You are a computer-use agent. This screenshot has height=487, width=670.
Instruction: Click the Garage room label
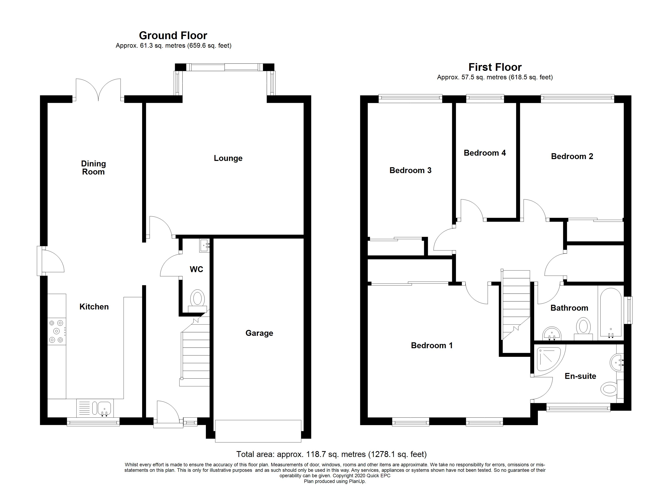[x=259, y=333]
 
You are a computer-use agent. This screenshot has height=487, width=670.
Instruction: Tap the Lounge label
[x=228, y=158]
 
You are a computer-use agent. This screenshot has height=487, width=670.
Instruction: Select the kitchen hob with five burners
[x=57, y=331]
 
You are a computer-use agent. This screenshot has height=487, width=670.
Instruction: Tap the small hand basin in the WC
[x=204, y=245]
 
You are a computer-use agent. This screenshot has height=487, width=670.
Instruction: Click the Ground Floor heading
[x=173, y=36]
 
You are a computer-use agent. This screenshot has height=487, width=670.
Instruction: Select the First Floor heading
[x=495, y=67]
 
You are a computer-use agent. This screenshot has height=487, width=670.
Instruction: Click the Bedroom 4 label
[x=485, y=153]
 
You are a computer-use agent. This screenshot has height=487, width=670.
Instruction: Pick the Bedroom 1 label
[x=432, y=346]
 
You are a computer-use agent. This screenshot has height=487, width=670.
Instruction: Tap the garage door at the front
[x=258, y=431]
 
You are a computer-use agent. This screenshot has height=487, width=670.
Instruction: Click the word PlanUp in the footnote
[x=358, y=481]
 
